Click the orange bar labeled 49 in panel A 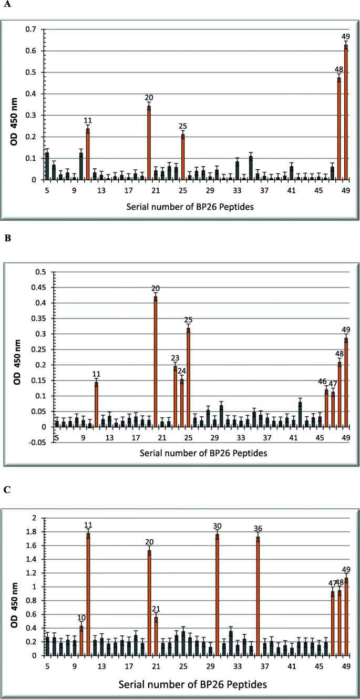pyautogui.click(x=346, y=112)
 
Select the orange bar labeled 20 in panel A pyautogui.click(x=149, y=143)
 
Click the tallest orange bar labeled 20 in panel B pyautogui.click(x=156, y=362)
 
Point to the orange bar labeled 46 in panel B pyautogui.click(x=326, y=408)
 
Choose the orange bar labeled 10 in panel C pyautogui.click(x=81, y=641)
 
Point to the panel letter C pyautogui.click(x=7, y=489)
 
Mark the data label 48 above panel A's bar pyautogui.click(x=339, y=70)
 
